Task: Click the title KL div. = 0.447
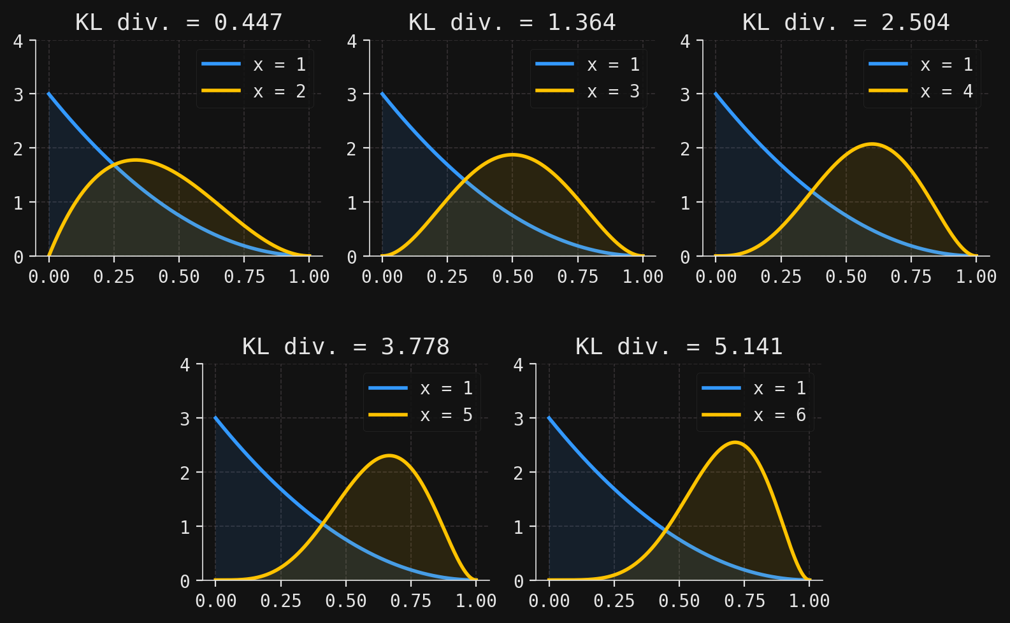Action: point(179,23)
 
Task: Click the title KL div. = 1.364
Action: point(512,23)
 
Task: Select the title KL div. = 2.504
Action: point(846,23)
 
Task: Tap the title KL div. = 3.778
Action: point(346,347)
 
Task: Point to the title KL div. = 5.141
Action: point(679,347)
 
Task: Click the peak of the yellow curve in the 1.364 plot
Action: point(512,154)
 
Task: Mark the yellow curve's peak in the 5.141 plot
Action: point(735,442)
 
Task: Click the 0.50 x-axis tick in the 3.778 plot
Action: point(346,600)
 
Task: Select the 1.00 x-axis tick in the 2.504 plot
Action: point(976,276)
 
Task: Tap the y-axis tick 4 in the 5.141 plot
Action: point(519,365)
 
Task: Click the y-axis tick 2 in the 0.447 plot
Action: point(18,148)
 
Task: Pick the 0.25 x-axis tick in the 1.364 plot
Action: point(447,276)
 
